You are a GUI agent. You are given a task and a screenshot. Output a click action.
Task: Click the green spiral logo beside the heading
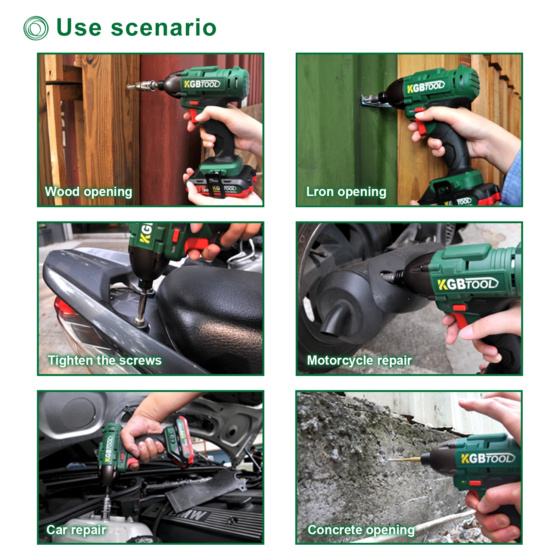(36, 28)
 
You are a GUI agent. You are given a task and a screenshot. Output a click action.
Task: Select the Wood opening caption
(88, 192)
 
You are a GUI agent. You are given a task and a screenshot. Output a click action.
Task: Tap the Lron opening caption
(346, 192)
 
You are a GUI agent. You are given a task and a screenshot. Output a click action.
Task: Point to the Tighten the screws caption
(105, 360)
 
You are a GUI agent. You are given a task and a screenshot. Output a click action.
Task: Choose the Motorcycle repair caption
(359, 361)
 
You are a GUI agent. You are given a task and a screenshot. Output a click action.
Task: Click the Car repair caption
(76, 530)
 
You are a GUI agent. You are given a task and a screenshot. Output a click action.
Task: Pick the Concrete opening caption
(361, 530)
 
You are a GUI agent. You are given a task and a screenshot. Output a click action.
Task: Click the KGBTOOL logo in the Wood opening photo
(202, 84)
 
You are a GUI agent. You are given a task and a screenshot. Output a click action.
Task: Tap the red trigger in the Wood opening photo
(194, 115)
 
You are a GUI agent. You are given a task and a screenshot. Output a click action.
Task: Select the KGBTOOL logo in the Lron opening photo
(426, 87)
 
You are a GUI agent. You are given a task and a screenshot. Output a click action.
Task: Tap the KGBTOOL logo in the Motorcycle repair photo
(468, 284)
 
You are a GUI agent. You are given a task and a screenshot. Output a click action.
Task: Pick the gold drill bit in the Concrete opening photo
(405, 459)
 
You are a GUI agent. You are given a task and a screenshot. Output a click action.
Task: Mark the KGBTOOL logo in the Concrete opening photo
(488, 458)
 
